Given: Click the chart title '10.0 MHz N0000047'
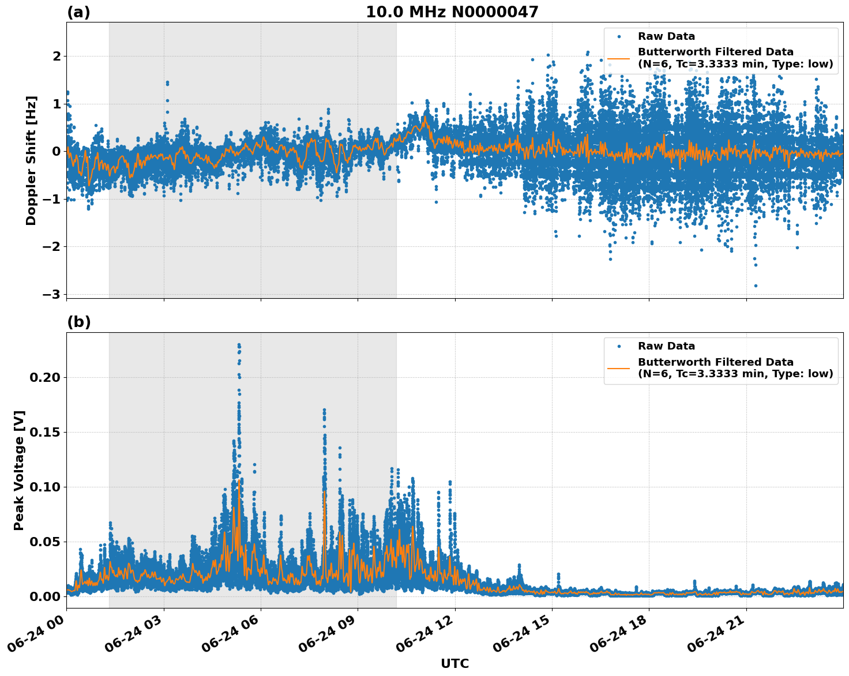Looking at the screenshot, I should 452,12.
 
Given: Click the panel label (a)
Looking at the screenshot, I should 78,12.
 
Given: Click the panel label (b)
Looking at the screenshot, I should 78,322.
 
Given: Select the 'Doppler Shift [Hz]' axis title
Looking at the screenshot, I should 31,160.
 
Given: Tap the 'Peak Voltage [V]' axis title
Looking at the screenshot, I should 19,470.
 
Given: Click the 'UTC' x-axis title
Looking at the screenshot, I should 454,663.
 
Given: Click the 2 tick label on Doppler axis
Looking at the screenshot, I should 57,56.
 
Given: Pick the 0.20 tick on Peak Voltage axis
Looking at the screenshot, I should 44,377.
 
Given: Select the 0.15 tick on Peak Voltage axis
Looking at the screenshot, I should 44,432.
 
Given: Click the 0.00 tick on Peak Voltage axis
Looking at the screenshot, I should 44,596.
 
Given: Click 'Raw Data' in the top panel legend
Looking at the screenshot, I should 666,36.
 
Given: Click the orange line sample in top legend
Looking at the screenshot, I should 619,58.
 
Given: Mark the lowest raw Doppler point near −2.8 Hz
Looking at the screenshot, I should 756,286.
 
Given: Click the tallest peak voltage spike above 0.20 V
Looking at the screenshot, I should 239,345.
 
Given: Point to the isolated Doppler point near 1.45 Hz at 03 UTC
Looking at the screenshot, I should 167,83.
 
